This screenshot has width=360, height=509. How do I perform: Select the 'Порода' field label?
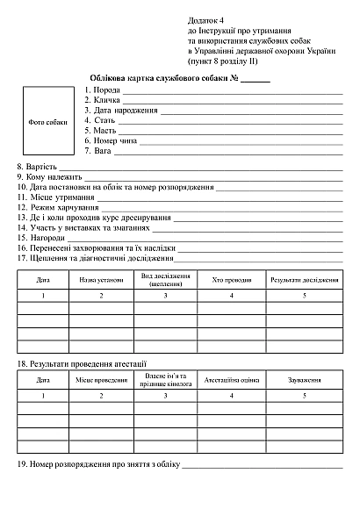click(107, 90)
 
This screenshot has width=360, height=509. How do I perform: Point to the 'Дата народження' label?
click(126, 111)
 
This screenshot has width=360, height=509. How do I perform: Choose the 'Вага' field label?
click(102, 151)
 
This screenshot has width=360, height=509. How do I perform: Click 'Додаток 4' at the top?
click(206, 19)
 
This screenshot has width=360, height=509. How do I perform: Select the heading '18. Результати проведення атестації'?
click(82, 362)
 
